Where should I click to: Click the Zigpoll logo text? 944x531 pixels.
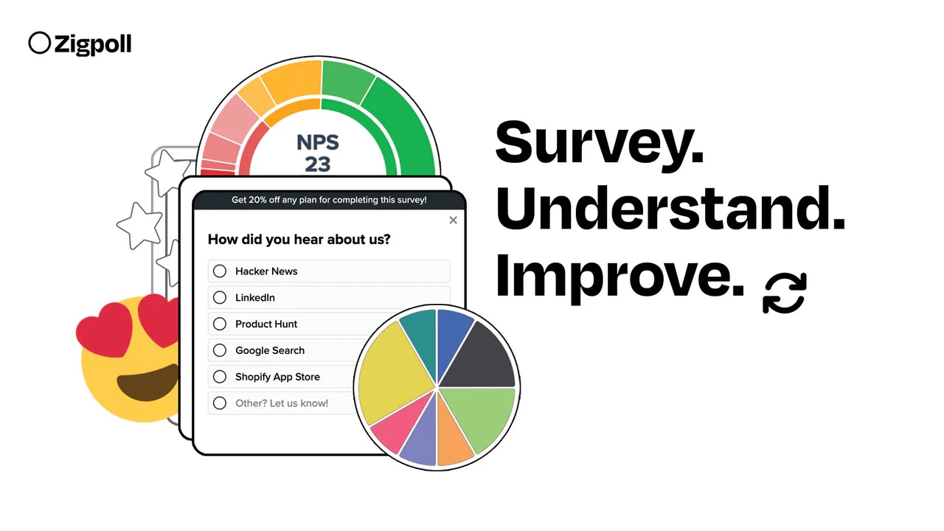(x=92, y=44)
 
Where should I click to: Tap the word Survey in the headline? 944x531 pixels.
(x=599, y=142)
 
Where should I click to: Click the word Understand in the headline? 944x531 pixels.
(x=670, y=208)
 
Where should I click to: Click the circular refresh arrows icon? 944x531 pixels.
(x=785, y=293)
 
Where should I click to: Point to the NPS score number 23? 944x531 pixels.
(x=317, y=164)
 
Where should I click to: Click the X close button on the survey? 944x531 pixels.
(x=453, y=220)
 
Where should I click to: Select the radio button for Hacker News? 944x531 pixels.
(x=220, y=271)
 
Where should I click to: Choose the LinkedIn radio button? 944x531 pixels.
(x=220, y=298)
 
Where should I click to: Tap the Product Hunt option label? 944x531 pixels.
(x=266, y=324)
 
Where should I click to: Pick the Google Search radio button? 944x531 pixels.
(x=220, y=350)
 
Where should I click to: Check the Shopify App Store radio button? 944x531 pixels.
(x=220, y=377)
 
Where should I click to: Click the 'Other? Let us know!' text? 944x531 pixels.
(x=282, y=403)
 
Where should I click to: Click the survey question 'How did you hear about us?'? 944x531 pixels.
(x=299, y=239)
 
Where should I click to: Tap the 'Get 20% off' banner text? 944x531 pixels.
(x=329, y=200)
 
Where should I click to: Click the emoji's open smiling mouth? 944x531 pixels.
(x=147, y=381)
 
